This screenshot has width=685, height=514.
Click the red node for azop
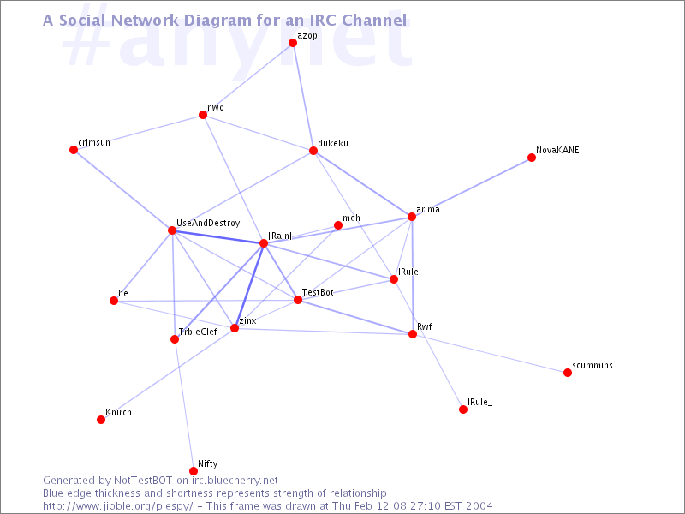click(x=293, y=43)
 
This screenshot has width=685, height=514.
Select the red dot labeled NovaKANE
click(x=531, y=158)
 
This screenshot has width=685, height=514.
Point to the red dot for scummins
click(x=568, y=373)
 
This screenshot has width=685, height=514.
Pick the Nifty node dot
click(x=194, y=471)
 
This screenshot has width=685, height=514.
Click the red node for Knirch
click(x=101, y=420)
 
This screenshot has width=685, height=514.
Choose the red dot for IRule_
click(x=463, y=409)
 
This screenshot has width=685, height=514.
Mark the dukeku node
click(x=313, y=151)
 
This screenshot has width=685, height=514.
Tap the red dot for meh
click(x=337, y=225)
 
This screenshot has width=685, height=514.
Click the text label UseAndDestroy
click(x=208, y=223)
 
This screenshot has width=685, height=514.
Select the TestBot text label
click(x=318, y=292)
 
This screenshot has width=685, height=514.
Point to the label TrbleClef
click(x=198, y=332)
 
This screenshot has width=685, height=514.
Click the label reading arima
click(x=428, y=209)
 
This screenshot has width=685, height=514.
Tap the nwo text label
click(x=216, y=108)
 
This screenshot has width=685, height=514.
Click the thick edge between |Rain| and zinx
click(x=249, y=286)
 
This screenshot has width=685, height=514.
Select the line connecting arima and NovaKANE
click(x=472, y=188)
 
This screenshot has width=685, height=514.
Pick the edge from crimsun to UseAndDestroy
click(x=122, y=190)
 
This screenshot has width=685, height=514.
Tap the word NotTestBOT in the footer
click(x=143, y=481)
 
